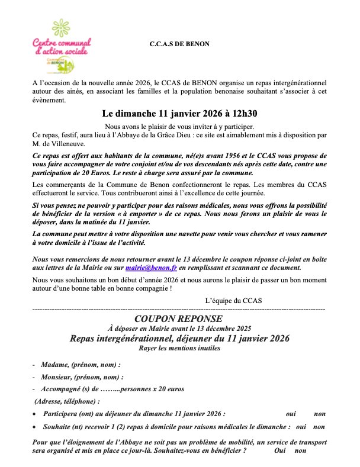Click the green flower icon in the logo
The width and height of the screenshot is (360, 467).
tap(61, 27)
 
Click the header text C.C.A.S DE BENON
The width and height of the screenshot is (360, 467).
tap(179, 44)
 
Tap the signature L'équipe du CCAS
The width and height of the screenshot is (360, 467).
tap(233, 301)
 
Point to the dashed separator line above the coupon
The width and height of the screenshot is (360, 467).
tap(178, 310)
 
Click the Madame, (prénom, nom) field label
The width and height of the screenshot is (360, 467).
tap(81, 365)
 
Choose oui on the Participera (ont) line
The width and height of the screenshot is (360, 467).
tap(290, 414)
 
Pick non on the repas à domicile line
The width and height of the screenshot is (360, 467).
tap(319, 426)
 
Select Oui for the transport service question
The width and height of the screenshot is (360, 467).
tap(280, 451)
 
